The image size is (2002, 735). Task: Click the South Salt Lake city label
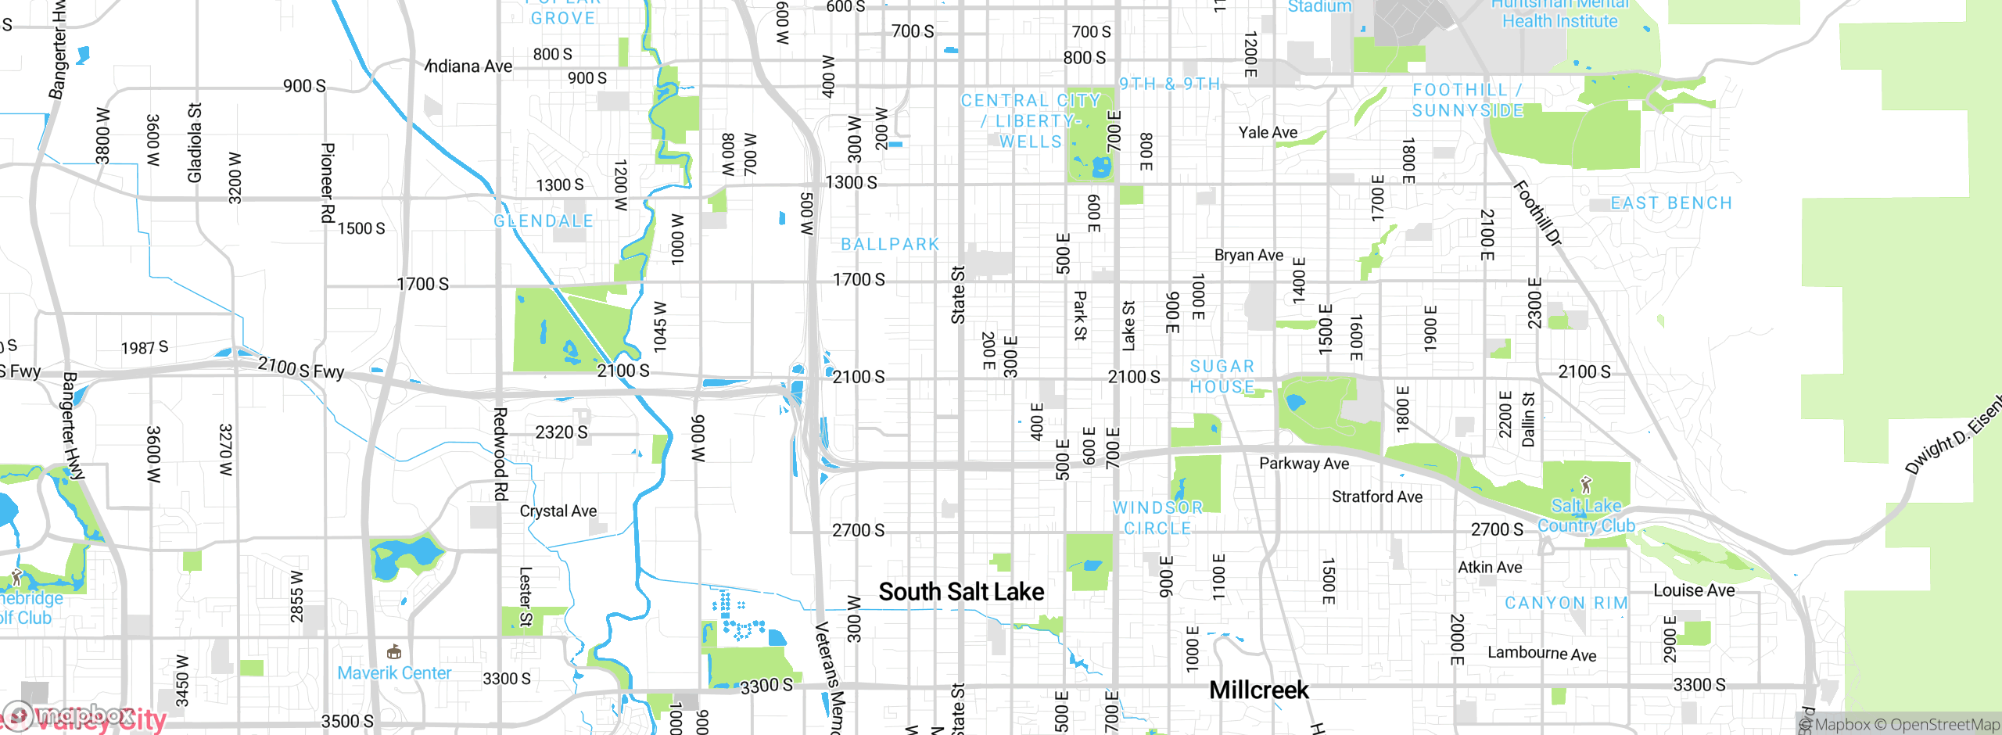[x=961, y=592]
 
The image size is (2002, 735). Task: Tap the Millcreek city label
[x=1258, y=690]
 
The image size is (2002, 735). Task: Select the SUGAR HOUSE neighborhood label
[x=1222, y=376]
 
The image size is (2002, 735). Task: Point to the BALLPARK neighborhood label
[x=890, y=245]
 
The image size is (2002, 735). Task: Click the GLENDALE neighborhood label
[x=544, y=221]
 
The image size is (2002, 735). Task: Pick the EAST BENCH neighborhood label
[x=1671, y=203]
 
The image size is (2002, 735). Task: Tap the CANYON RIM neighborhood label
[x=1566, y=603]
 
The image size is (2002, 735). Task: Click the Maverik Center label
[x=394, y=672]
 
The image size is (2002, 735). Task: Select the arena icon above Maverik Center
[x=394, y=651]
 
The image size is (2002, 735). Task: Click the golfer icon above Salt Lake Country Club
[x=1586, y=485]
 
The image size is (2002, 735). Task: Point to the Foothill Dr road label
[x=1537, y=213]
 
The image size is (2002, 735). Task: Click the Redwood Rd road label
[x=500, y=454]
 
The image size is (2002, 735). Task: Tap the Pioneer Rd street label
[x=328, y=182]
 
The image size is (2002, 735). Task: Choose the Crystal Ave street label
[x=558, y=511]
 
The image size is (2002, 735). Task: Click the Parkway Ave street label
[x=1304, y=463]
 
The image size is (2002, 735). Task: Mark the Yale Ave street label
[x=1268, y=132]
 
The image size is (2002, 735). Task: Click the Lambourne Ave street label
[x=1541, y=653]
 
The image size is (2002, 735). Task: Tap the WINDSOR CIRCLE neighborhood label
[x=1157, y=518]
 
